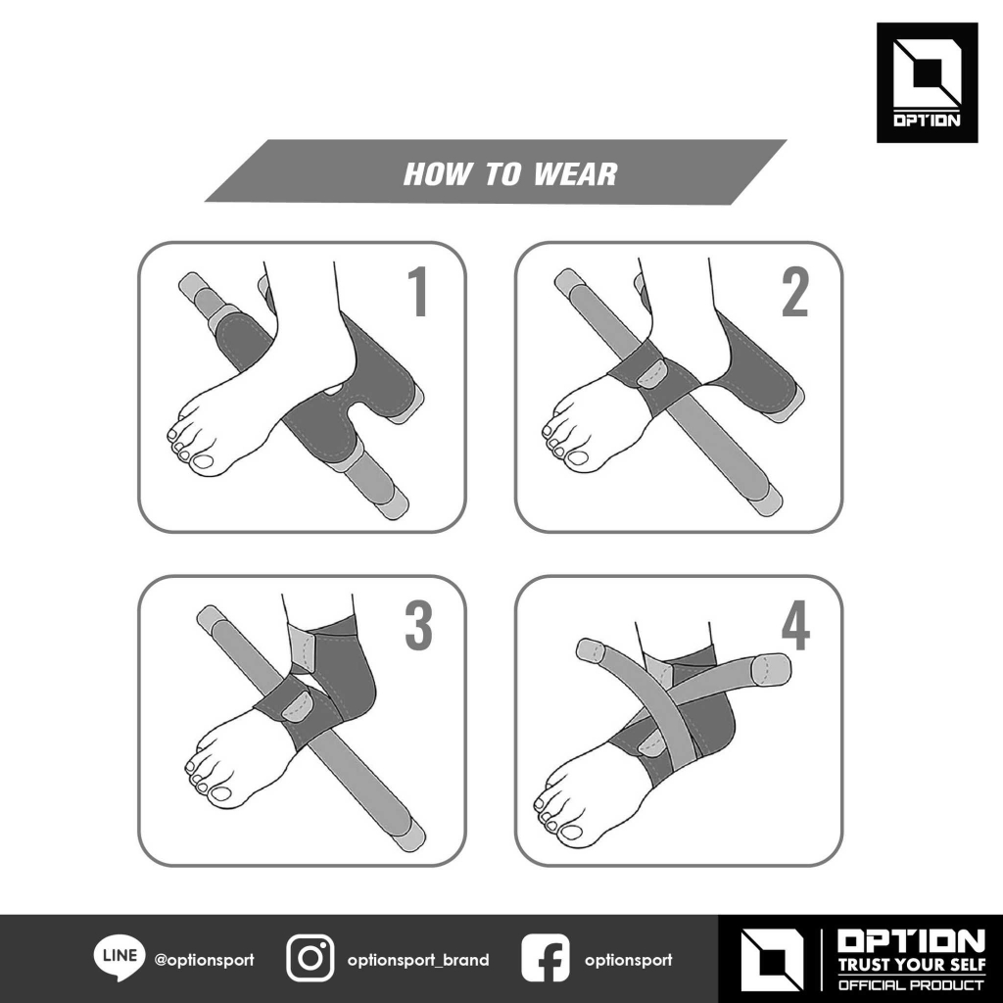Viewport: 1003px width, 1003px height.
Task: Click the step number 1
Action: pyautogui.click(x=419, y=292)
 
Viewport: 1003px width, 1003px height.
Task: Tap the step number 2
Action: pyautogui.click(x=795, y=292)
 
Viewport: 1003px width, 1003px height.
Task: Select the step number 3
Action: pyautogui.click(x=419, y=625)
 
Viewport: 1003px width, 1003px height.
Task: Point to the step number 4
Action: pyautogui.click(x=795, y=625)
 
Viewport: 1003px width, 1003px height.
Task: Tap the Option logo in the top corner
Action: pyautogui.click(x=927, y=82)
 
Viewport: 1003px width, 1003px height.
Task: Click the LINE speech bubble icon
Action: pyautogui.click(x=119, y=958)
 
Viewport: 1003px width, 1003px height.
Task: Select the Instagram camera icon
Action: pyautogui.click(x=310, y=958)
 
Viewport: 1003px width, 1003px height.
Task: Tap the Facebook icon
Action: pyautogui.click(x=545, y=958)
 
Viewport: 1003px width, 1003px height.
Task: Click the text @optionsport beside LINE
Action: pyautogui.click(x=204, y=960)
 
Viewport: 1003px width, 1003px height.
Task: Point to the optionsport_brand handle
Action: pyautogui.click(x=418, y=960)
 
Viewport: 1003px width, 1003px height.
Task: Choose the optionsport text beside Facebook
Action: pyautogui.click(x=628, y=960)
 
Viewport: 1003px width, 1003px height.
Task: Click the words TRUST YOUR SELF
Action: pyautogui.click(x=912, y=964)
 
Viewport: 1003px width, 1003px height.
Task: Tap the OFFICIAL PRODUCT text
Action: pyautogui.click(x=912, y=985)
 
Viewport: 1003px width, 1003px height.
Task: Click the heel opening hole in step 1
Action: pyautogui.click(x=334, y=388)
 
